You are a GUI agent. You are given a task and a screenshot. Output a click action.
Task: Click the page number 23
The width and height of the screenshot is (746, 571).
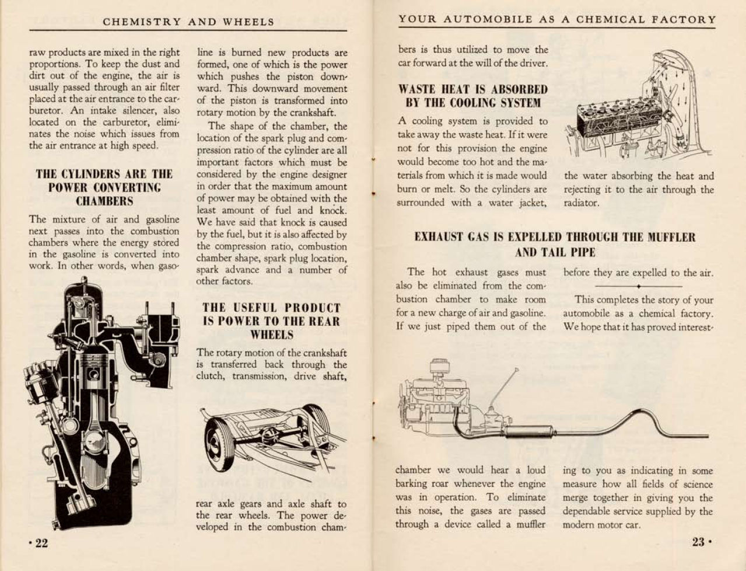tap(699, 542)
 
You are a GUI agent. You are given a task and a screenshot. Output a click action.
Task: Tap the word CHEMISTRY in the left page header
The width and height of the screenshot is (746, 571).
tap(142, 22)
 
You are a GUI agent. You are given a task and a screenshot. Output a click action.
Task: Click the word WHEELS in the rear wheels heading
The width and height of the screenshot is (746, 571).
tap(271, 335)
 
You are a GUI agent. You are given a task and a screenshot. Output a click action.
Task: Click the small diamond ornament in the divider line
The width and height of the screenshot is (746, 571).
tap(639, 287)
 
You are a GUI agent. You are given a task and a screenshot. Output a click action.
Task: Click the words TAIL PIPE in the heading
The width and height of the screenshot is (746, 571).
tap(555, 253)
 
